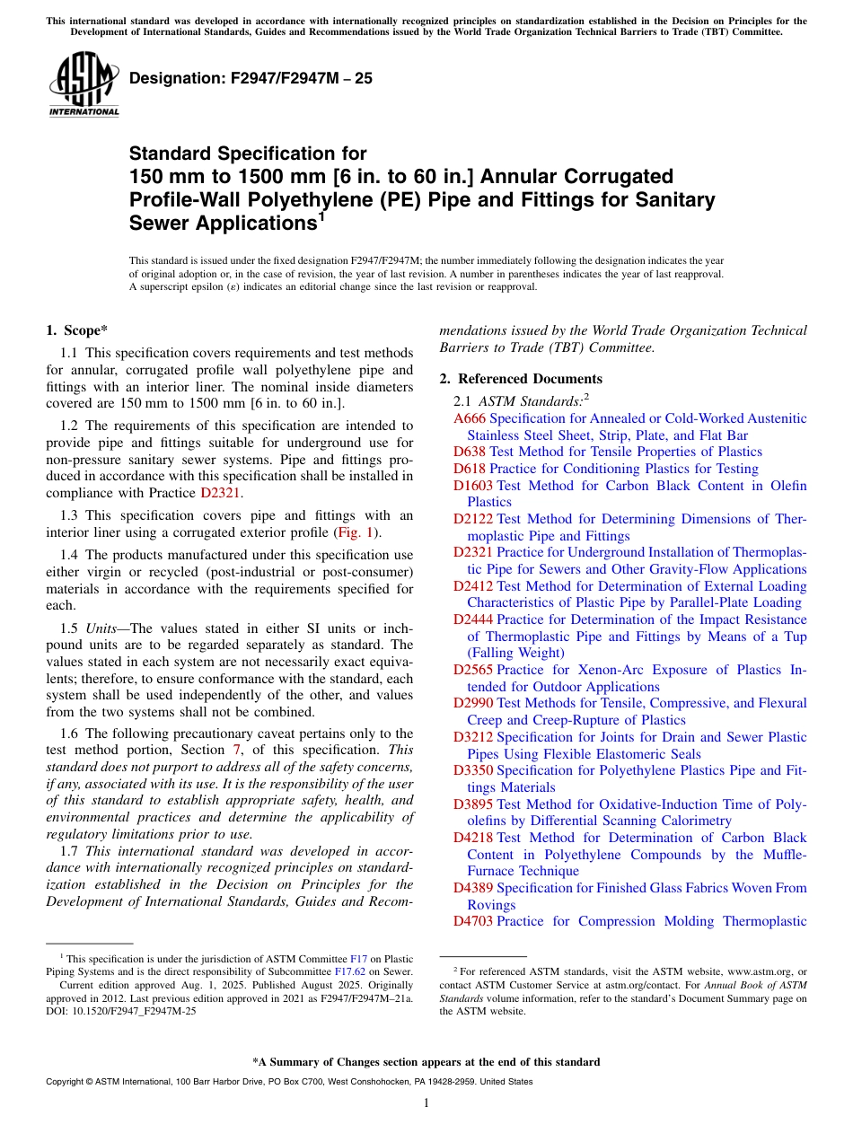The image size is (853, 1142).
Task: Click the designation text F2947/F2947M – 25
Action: [x=251, y=79]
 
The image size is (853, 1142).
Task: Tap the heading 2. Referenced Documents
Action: [x=521, y=379]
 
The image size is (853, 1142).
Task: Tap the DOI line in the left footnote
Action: [x=121, y=1010]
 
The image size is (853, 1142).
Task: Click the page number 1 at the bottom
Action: [x=426, y=1103]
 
